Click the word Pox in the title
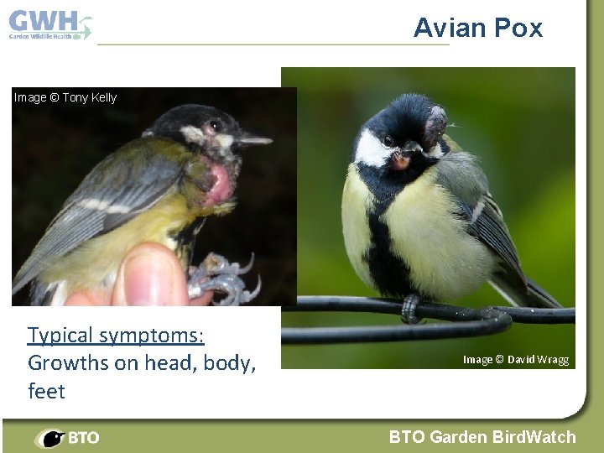518,29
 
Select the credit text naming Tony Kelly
65,97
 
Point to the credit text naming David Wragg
515,360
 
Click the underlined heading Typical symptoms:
116,336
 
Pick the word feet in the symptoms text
46,391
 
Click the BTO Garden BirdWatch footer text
482,437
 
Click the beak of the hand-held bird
255,139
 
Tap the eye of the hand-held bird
215,126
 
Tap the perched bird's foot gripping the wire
410,309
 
